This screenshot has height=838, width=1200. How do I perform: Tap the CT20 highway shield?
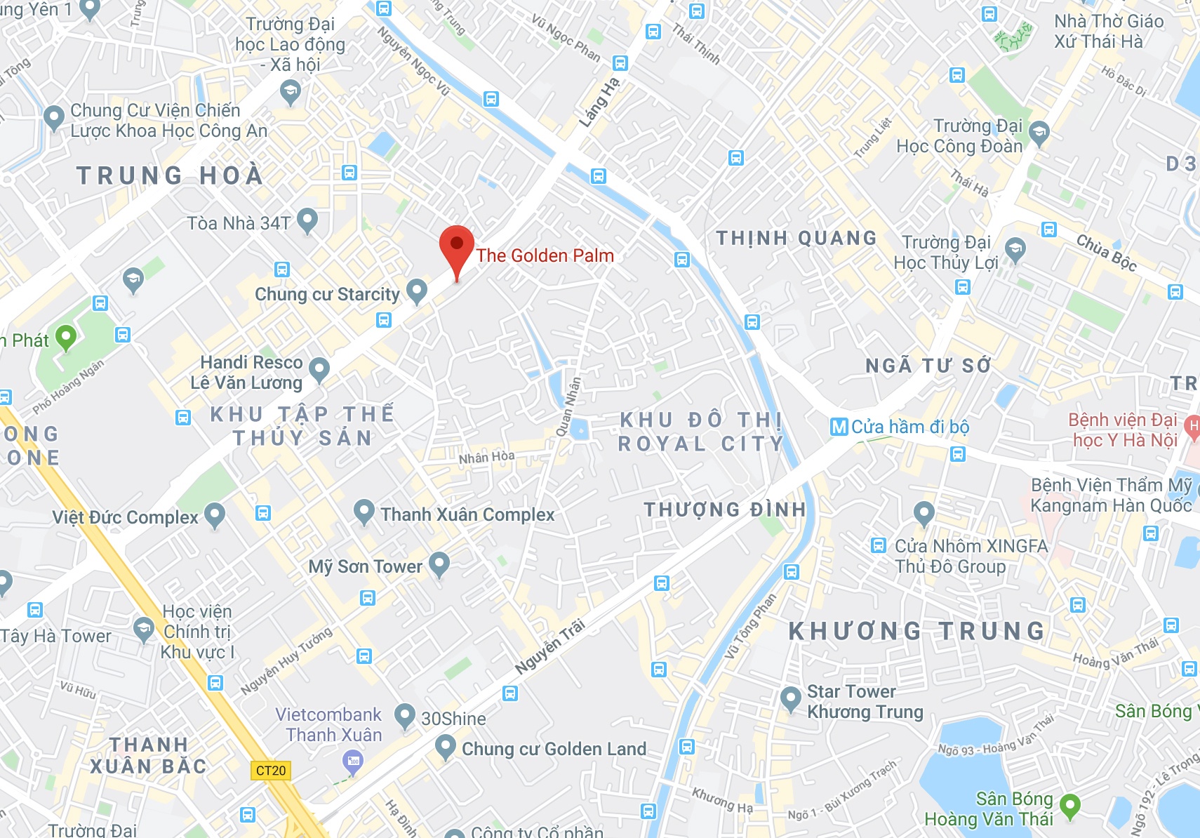(x=271, y=771)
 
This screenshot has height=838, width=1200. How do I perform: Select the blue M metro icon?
(x=839, y=427)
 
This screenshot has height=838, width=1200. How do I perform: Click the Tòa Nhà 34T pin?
(x=307, y=220)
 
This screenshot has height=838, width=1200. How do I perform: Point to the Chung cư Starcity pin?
(x=417, y=291)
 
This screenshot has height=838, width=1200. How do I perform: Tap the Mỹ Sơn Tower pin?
(x=439, y=564)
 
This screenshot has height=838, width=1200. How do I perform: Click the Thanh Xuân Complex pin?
(x=364, y=512)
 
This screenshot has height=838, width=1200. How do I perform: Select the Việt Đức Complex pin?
(x=215, y=514)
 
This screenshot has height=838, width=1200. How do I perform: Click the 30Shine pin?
(x=404, y=716)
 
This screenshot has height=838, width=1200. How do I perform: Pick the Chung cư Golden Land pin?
(x=445, y=747)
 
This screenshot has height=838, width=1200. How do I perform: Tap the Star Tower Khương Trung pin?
(x=790, y=699)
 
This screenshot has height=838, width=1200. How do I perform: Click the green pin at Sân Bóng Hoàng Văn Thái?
(x=1069, y=806)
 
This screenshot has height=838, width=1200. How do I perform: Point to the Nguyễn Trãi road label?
(x=550, y=646)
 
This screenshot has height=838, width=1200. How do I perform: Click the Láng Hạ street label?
(x=599, y=102)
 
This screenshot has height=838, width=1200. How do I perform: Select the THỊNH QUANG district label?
(x=796, y=239)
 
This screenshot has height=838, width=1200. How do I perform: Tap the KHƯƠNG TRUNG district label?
(x=916, y=632)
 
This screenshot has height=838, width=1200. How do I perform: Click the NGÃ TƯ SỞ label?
(x=928, y=366)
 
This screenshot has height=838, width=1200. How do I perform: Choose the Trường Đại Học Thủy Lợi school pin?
(x=1015, y=249)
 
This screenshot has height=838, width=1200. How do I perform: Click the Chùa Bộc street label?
(x=1106, y=253)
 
